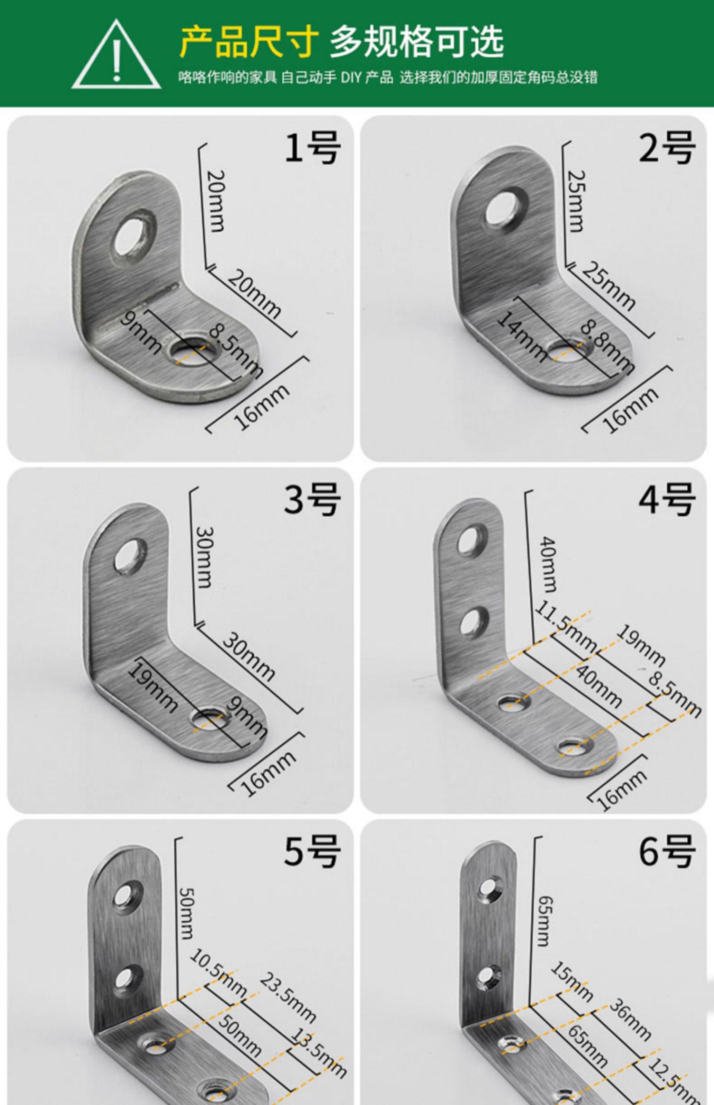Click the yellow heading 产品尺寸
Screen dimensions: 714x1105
(x=248, y=42)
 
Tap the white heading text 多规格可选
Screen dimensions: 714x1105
(x=416, y=42)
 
